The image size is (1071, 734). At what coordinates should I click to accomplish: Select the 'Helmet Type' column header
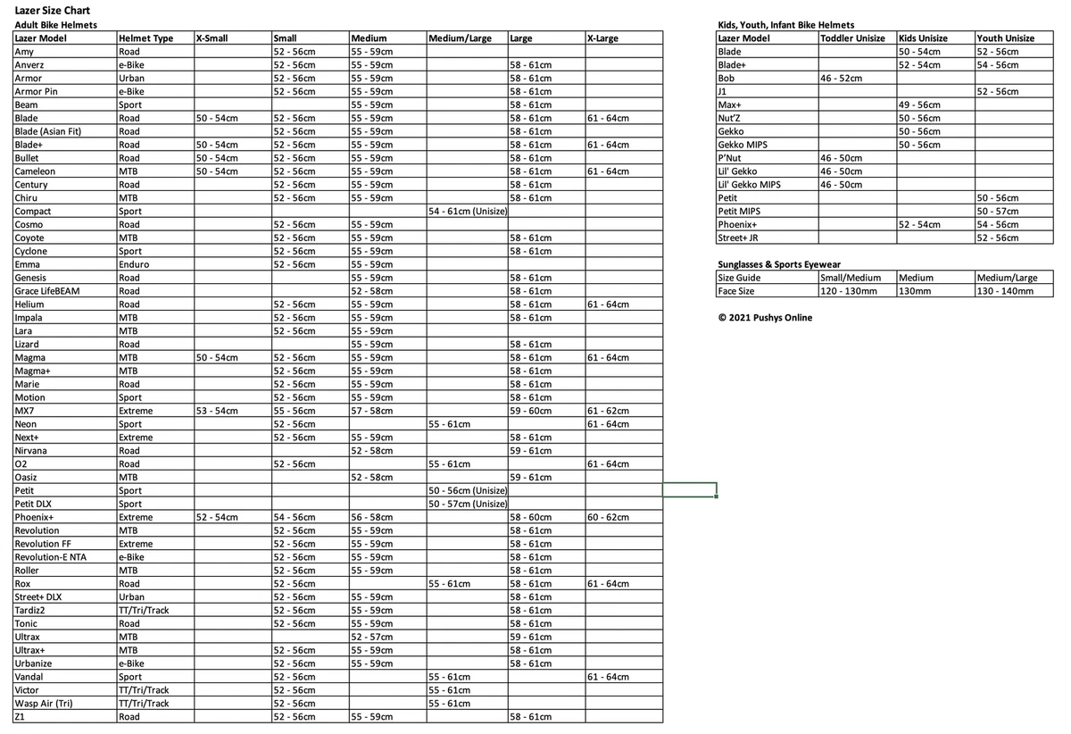(145, 38)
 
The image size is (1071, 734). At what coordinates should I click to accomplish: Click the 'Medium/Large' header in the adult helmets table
(461, 38)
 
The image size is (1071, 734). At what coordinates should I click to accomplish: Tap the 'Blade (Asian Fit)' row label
(48, 131)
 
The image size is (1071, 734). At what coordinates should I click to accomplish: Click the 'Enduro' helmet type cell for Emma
(134, 264)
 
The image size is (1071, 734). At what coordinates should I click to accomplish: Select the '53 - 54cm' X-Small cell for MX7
(217, 411)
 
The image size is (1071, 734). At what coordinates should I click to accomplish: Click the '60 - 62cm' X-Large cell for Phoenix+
(608, 517)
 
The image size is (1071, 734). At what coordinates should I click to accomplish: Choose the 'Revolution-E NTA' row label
(51, 557)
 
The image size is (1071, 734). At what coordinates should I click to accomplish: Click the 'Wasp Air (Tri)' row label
(44, 704)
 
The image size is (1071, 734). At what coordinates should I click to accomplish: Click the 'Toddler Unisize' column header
(853, 38)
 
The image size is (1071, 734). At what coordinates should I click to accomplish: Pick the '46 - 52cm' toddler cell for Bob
(841, 79)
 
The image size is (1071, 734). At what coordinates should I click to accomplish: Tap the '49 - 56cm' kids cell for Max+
(920, 105)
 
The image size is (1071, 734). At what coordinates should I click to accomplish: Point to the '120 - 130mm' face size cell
(849, 291)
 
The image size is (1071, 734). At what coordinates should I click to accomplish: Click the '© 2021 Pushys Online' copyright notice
(766, 317)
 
